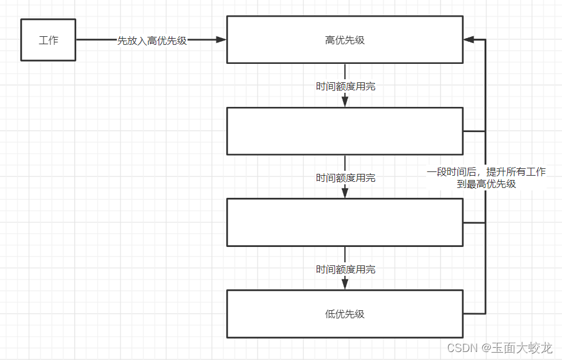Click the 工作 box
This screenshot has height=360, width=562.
(x=48, y=40)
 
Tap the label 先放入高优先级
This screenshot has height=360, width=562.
(x=152, y=41)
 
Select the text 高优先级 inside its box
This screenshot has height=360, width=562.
(x=344, y=40)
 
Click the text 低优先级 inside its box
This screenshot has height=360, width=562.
(x=344, y=314)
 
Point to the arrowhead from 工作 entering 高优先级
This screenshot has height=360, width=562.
(x=221, y=40)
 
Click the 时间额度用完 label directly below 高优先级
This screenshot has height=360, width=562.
(x=346, y=87)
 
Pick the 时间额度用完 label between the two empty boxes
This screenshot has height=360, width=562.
(x=346, y=178)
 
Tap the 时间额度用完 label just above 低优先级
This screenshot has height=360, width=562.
(x=346, y=270)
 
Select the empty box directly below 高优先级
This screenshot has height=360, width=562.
(x=344, y=131)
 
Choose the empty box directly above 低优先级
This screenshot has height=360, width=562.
(x=344, y=222)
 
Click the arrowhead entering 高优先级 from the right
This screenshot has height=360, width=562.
(x=469, y=40)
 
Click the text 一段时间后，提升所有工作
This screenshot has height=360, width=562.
(x=486, y=172)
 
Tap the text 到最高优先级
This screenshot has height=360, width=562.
(x=486, y=184)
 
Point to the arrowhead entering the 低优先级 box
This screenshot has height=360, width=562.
(x=345, y=284)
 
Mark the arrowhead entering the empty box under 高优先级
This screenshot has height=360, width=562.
(x=345, y=102)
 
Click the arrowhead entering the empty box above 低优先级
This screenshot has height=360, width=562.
(x=345, y=193)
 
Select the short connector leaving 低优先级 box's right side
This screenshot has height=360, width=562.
(x=473, y=313)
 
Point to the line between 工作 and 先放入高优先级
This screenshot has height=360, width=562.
(x=96, y=41)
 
